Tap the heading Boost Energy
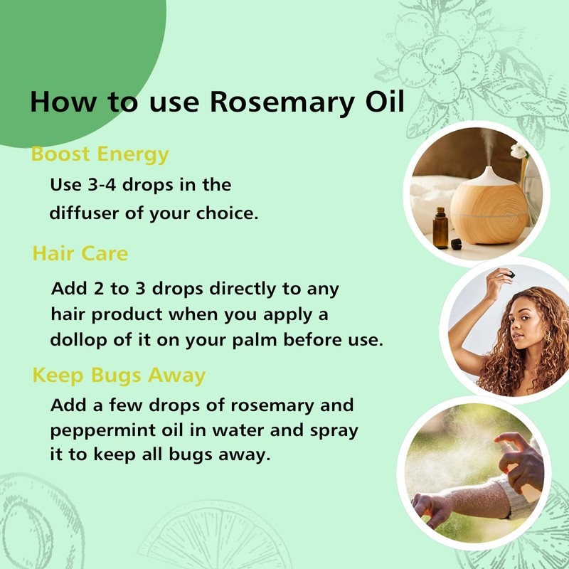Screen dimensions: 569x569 point(100,154)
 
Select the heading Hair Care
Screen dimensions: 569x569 point(80,253)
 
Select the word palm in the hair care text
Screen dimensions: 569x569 point(262,339)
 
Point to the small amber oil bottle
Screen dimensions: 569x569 point(440,228)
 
